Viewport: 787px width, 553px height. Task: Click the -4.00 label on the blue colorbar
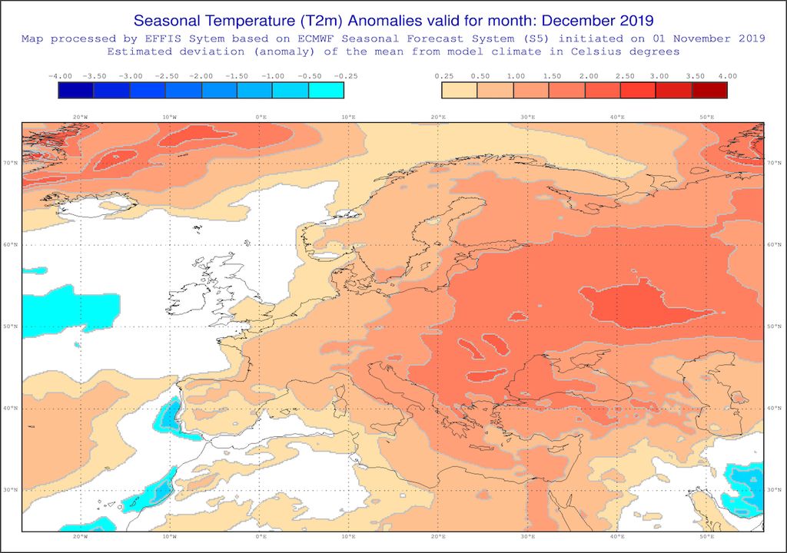pyautogui.click(x=60, y=76)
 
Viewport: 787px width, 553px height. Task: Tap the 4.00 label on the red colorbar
pyautogui.click(x=726, y=76)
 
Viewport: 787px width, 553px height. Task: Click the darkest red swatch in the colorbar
pyautogui.click(x=709, y=90)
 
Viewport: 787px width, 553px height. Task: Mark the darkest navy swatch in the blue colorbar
pyautogui.click(x=76, y=90)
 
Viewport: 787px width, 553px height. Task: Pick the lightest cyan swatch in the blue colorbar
pyautogui.click(x=326, y=90)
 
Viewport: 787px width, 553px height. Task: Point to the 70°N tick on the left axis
pyautogui.click(x=12, y=164)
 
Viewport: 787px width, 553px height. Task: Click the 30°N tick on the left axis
pyautogui.click(x=12, y=490)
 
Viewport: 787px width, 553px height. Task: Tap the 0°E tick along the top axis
pyautogui.click(x=261, y=117)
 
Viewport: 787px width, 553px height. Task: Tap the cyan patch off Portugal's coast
pyautogui.click(x=168, y=419)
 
